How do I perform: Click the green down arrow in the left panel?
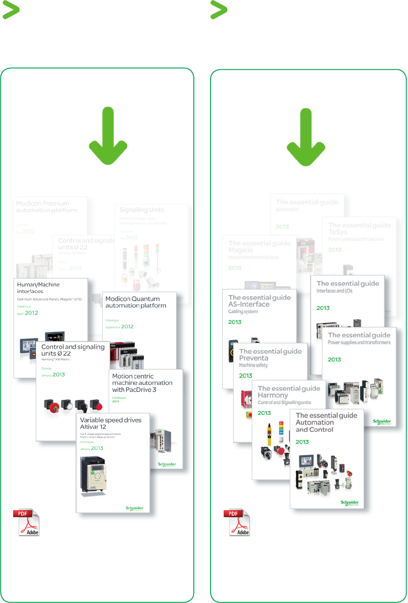(108, 136)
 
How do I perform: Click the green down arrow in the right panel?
(306, 138)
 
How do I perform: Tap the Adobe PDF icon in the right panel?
(237, 522)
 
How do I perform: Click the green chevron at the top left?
(11, 10)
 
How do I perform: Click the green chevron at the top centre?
(219, 10)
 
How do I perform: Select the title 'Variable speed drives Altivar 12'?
(110, 423)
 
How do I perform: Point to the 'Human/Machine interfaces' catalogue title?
(38, 288)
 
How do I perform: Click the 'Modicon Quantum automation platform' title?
(135, 302)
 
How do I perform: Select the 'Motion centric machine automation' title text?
(142, 383)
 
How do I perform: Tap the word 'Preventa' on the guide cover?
(254, 358)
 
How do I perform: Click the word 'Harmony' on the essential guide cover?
(273, 395)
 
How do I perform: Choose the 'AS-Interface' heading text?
(249, 304)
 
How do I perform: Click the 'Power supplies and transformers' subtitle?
(359, 342)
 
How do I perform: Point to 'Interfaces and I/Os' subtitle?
(334, 291)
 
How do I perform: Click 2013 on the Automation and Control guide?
(302, 442)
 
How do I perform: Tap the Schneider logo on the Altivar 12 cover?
(134, 508)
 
